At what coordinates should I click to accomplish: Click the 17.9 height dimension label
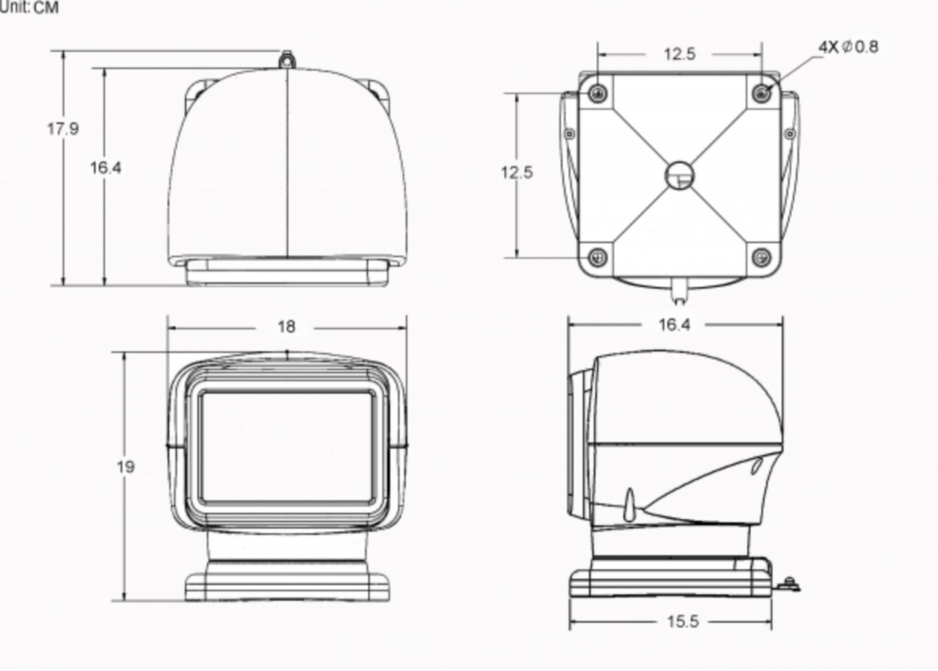(x=63, y=129)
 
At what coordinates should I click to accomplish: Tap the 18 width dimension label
(x=286, y=326)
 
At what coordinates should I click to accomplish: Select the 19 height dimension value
(x=126, y=467)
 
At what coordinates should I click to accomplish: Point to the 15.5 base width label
(x=683, y=621)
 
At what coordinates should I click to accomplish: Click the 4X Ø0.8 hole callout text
(x=849, y=47)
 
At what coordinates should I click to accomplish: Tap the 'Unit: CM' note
(x=29, y=7)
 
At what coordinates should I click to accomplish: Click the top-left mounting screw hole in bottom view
(x=597, y=93)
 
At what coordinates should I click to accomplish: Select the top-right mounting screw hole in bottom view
(x=762, y=93)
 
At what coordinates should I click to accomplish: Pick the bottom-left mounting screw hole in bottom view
(x=597, y=257)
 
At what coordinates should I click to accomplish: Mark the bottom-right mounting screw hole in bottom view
(x=762, y=257)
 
